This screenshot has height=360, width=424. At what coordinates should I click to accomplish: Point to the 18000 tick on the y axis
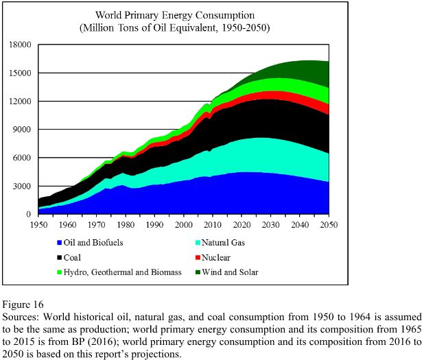[20, 45]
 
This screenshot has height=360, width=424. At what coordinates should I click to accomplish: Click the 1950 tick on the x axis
[38, 224]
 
